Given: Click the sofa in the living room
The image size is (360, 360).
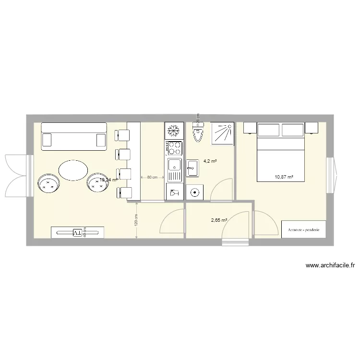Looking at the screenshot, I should click(73, 135).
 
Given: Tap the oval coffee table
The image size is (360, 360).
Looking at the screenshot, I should click(73, 169).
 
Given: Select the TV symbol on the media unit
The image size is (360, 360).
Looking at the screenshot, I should click(77, 233).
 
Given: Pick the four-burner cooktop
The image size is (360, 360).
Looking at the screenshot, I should click(174, 148).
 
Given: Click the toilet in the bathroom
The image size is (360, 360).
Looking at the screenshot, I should click(198, 132).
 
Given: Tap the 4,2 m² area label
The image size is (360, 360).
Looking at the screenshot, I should click(210, 161).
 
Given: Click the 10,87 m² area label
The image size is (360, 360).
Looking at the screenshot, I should click(283, 177).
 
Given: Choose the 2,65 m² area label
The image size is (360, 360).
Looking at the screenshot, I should click(219, 220).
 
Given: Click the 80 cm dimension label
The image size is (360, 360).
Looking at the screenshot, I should click(152, 177).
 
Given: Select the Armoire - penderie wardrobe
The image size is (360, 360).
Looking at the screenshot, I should click(304, 229).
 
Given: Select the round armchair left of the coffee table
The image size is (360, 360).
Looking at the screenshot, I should click(48, 182).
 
